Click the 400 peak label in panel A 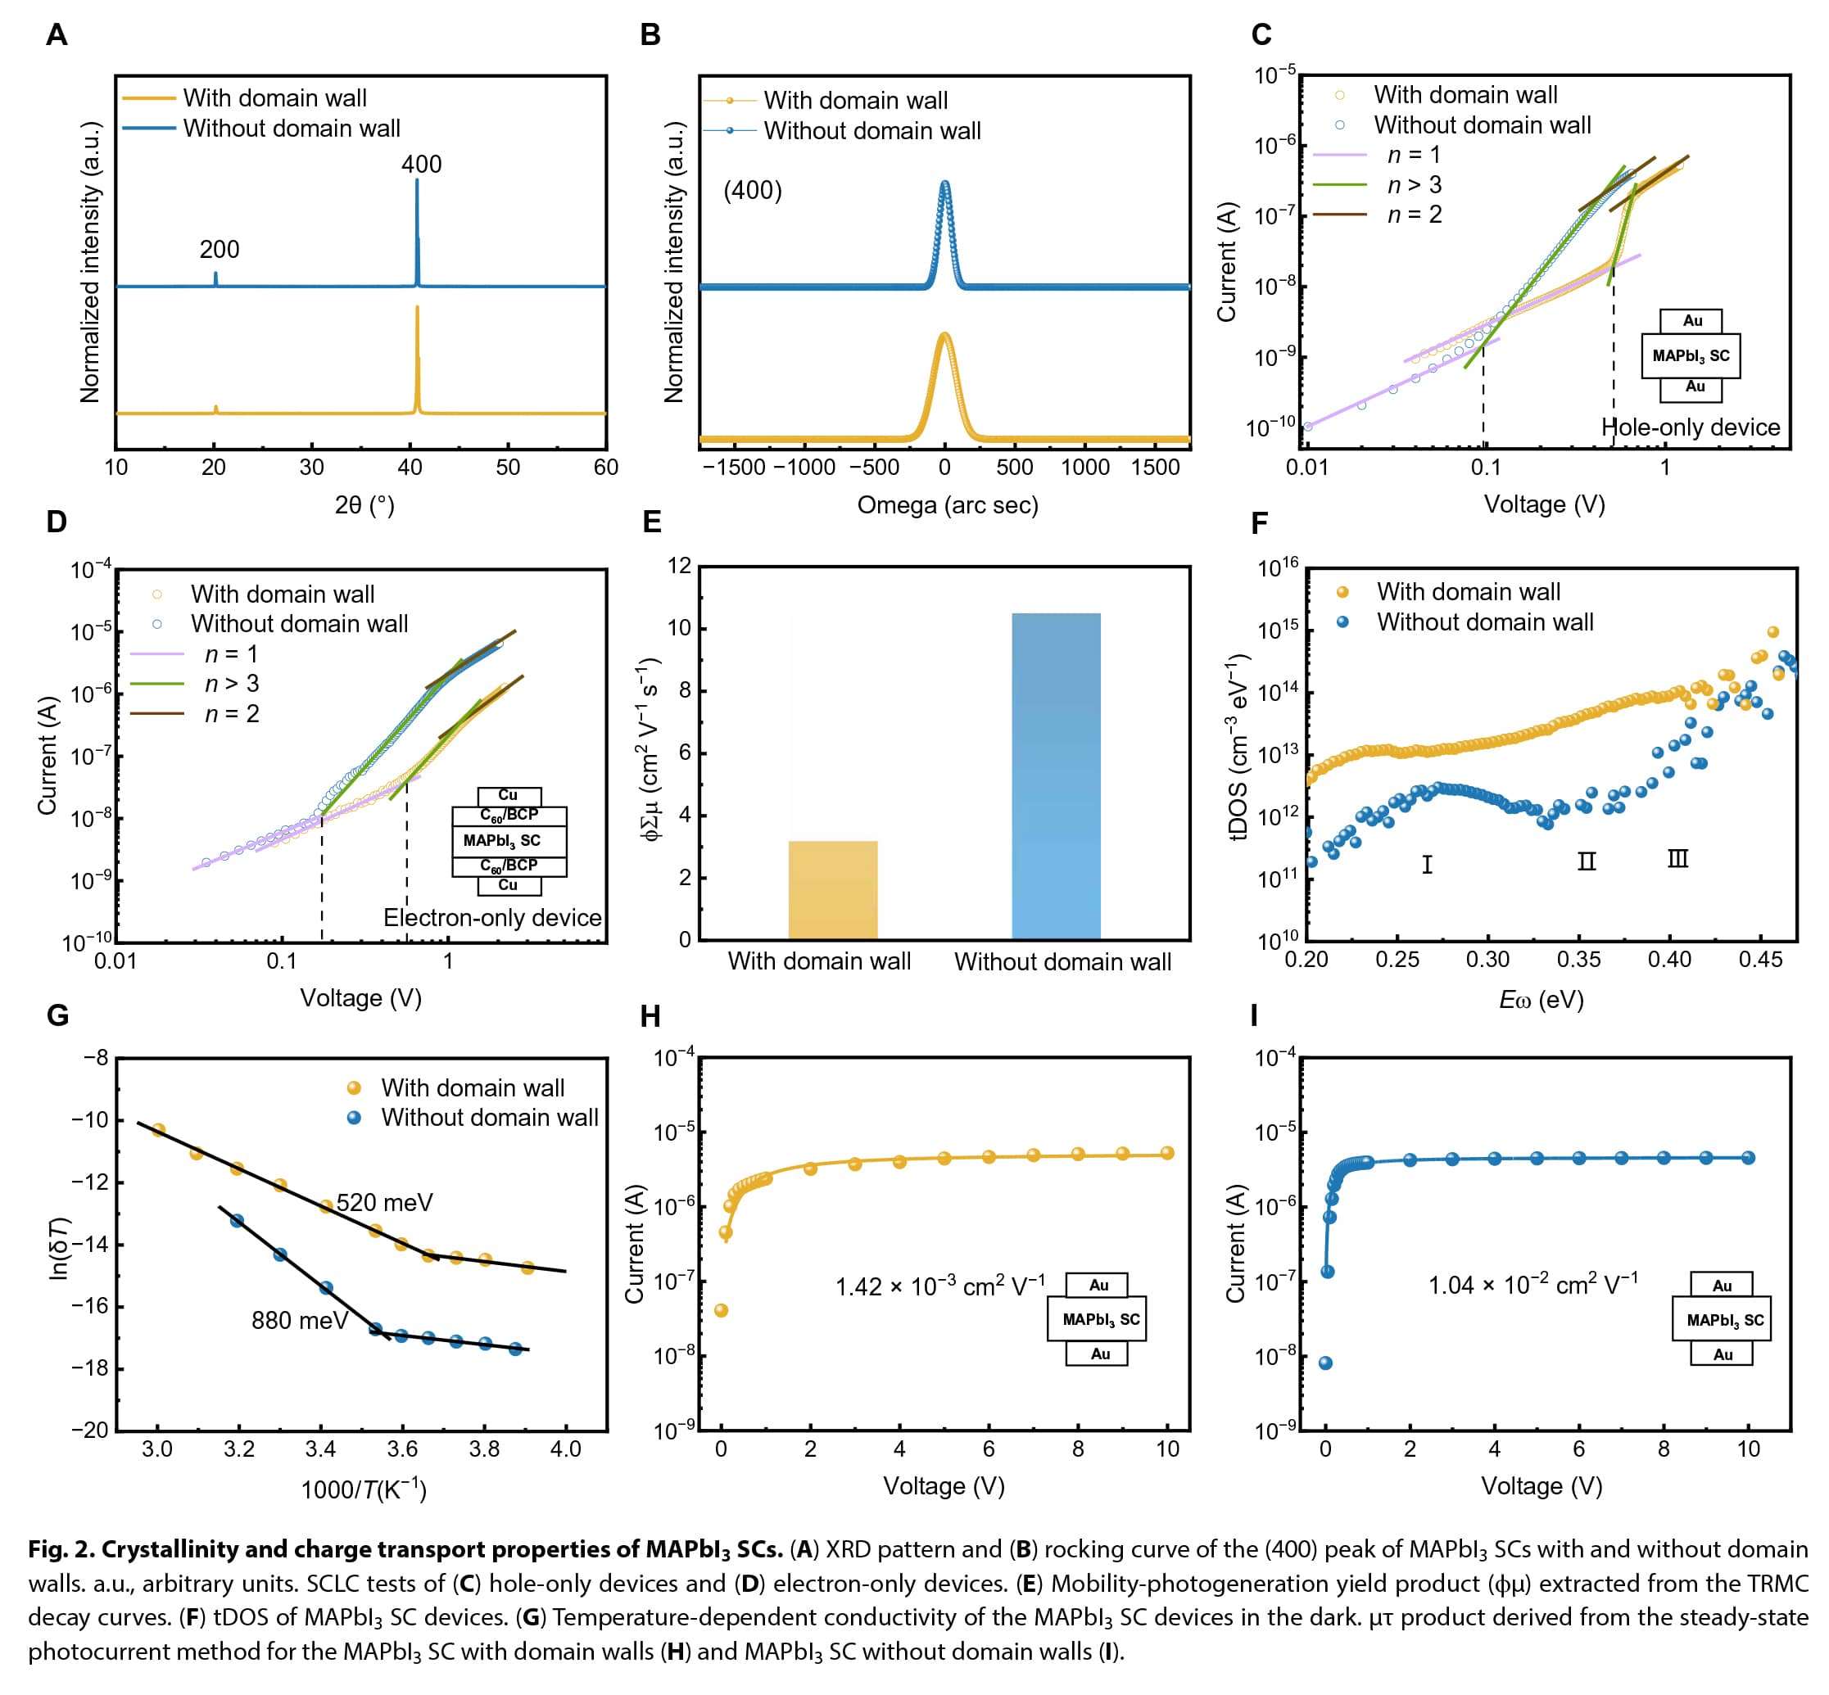pyautogui.click(x=421, y=165)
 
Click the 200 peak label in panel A pyautogui.click(x=220, y=250)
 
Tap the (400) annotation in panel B pyautogui.click(x=752, y=191)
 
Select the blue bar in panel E pyautogui.click(x=1056, y=776)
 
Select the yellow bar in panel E pyautogui.click(x=833, y=890)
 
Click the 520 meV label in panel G pyautogui.click(x=384, y=1202)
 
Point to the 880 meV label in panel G pyautogui.click(x=300, y=1320)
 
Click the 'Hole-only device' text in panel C pyautogui.click(x=1690, y=427)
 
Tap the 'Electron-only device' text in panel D pyautogui.click(x=492, y=917)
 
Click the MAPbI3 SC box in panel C pyautogui.click(x=1691, y=356)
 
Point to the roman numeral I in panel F pyautogui.click(x=1428, y=864)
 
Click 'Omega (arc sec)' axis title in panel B pyautogui.click(x=948, y=505)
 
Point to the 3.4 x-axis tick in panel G pyautogui.click(x=320, y=1449)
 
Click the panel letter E pyautogui.click(x=652, y=522)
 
